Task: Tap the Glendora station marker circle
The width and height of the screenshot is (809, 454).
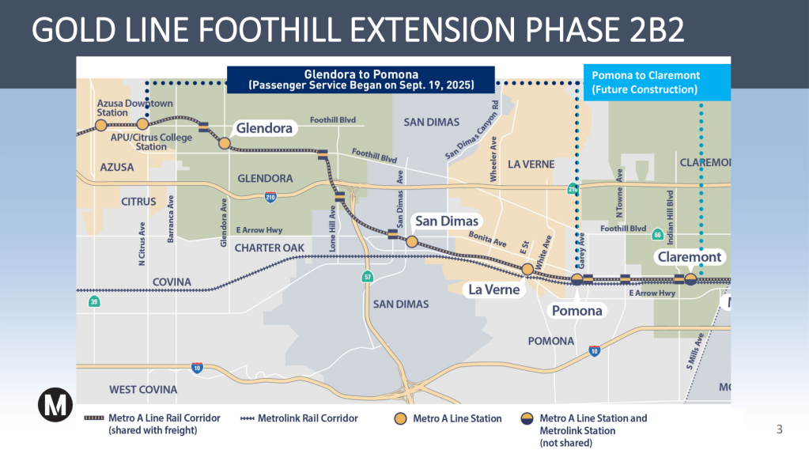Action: click(225, 143)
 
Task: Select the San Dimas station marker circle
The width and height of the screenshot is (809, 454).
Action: click(412, 241)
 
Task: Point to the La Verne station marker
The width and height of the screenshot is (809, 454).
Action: click(527, 270)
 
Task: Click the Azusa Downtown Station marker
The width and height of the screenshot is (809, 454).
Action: click(100, 124)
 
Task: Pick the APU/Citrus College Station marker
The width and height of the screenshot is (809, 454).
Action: click(142, 124)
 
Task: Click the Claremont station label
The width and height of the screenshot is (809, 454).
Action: click(690, 257)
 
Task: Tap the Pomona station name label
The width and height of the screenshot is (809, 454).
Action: click(577, 311)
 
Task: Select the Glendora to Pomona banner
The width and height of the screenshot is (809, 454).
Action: click(361, 80)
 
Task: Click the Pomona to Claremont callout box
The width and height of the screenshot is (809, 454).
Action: click(656, 82)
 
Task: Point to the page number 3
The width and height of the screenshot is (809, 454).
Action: click(779, 429)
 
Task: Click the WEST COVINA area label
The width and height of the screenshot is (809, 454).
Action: click(143, 390)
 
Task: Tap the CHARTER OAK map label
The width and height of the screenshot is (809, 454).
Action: click(270, 248)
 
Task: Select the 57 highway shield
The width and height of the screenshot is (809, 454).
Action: click(367, 277)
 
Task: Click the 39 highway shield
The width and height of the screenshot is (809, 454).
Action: click(95, 301)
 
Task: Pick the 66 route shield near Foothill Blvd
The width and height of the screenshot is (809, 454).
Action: click(657, 235)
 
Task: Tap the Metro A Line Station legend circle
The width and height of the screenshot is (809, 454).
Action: click(401, 418)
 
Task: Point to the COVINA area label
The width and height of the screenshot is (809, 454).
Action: click(172, 282)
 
